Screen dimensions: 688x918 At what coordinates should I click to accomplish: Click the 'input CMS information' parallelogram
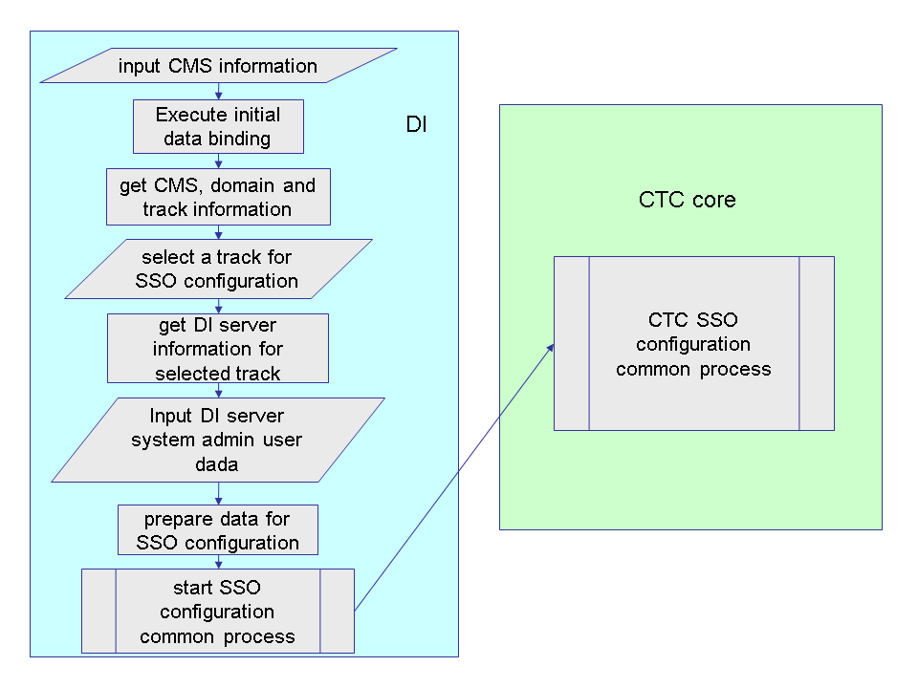pyautogui.click(x=218, y=66)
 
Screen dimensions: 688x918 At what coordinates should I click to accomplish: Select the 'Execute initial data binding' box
pyautogui.click(x=218, y=126)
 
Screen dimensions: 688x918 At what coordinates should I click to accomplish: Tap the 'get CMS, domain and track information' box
pyautogui.click(x=218, y=197)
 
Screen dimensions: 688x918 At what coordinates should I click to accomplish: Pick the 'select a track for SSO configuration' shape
pyautogui.click(x=219, y=269)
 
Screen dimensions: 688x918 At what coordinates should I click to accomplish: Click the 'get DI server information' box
pyautogui.click(x=218, y=348)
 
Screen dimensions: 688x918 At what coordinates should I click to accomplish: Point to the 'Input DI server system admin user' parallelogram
pyautogui.click(x=218, y=440)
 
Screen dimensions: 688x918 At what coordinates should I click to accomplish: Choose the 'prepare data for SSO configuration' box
pyautogui.click(x=218, y=530)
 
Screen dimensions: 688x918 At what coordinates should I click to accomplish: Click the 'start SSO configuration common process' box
pyautogui.click(x=218, y=612)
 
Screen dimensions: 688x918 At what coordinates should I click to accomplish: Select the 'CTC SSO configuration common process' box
pyautogui.click(x=693, y=343)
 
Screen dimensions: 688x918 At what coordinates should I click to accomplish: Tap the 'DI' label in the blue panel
pyautogui.click(x=417, y=125)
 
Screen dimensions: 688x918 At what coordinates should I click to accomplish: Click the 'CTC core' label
pyautogui.click(x=688, y=200)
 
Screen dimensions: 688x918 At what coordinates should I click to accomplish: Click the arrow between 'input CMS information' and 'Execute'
pyautogui.click(x=218, y=91)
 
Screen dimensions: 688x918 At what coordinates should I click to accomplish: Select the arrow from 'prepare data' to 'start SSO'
pyautogui.click(x=218, y=562)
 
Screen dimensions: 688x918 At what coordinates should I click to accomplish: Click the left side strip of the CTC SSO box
pyautogui.click(x=572, y=343)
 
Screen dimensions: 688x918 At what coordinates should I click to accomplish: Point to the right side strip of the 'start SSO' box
pyautogui.click(x=337, y=612)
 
